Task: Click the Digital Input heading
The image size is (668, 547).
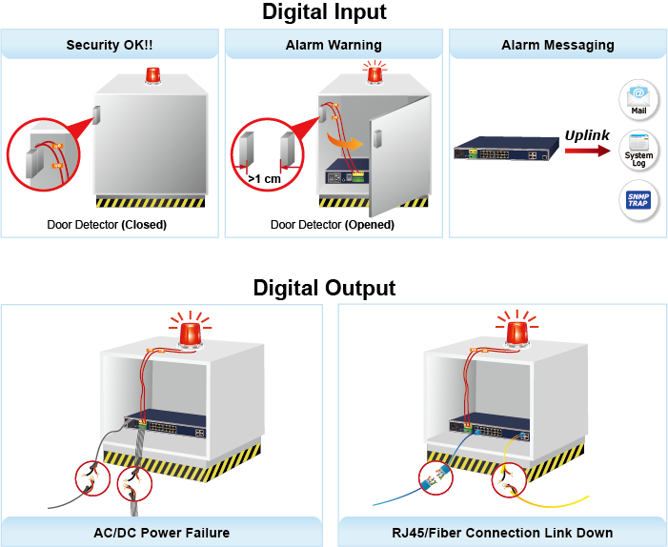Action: pyautogui.click(x=324, y=12)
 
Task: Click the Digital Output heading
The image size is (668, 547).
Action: pyautogui.click(x=324, y=288)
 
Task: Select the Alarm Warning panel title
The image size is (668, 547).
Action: pyautogui.click(x=334, y=45)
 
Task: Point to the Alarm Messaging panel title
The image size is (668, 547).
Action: pyautogui.click(x=557, y=45)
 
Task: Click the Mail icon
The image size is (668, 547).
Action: pyautogui.click(x=638, y=99)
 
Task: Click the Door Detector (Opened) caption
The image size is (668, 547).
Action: pyautogui.click(x=333, y=226)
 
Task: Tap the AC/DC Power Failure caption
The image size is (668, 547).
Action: pyautogui.click(x=167, y=533)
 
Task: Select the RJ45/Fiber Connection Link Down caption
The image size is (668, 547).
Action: pyautogui.click(x=503, y=533)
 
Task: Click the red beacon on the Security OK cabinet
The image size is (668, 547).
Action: pyautogui.click(x=152, y=76)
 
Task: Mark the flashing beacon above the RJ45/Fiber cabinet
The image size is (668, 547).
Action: pyautogui.click(x=518, y=331)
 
